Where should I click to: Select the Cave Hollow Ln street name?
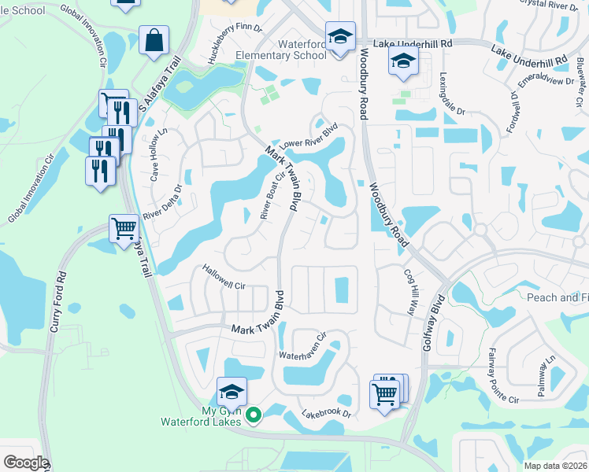click(156, 155)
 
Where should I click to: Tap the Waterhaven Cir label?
click(303, 345)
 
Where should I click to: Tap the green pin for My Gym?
click(253, 415)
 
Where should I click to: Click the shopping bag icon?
click(154, 39)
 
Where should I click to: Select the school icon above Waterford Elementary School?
click(340, 37)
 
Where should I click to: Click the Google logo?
click(25, 463)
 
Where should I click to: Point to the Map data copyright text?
click(555, 466)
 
